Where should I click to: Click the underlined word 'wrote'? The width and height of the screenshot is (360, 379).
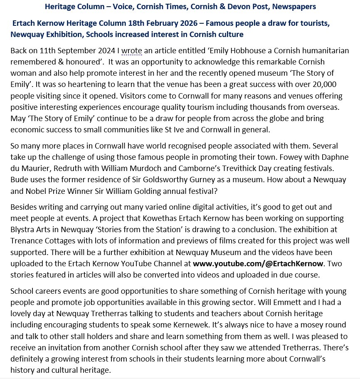click(x=132, y=51)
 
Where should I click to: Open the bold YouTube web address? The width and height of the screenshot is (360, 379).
click(x=252, y=263)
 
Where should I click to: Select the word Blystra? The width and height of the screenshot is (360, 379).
click(x=23, y=229)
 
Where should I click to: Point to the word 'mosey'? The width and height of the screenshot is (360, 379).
click(x=313, y=325)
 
